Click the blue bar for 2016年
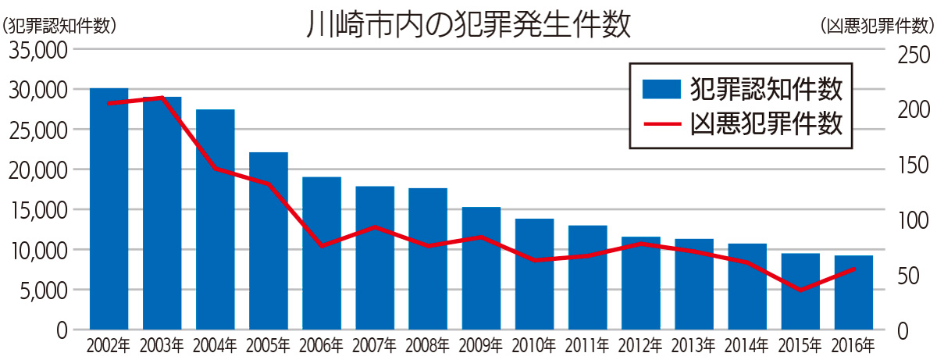(853, 292)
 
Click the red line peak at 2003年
(162, 98)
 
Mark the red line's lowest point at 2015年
(800, 290)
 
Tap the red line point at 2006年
(322, 246)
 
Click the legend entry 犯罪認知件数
(766, 89)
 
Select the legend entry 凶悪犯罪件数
(766, 124)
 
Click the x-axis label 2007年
(376, 344)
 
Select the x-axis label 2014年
(747, 344)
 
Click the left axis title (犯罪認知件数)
(59, 23)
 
